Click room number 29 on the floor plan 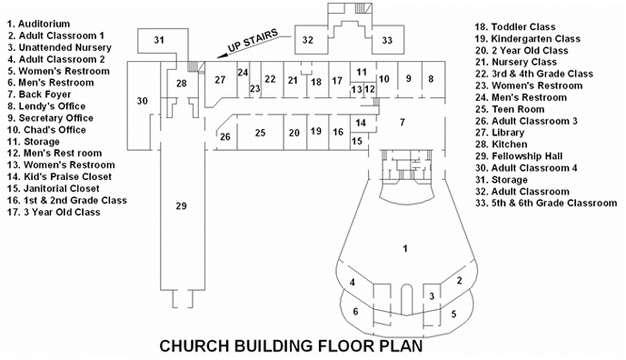pos(181,205)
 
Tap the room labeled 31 pos(159,40)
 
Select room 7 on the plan pos(402,122)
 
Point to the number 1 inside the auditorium pos(405,249)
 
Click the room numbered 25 pos(260,133)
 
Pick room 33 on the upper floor pos(387,40)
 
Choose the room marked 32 pos(308,40)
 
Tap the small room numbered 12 pos(370,89)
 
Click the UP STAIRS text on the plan pos(253,41)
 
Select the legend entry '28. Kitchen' pos(501,145)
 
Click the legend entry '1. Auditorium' pos(38,24)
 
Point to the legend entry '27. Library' pos(500,133)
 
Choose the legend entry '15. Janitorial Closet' pos(53,188)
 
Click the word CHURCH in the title pos(194,346)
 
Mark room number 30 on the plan pos(143,101)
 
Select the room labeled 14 pos(361,123)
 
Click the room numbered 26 pos(225,137)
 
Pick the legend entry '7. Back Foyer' pos(39,95)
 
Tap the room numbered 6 pos(355,311)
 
